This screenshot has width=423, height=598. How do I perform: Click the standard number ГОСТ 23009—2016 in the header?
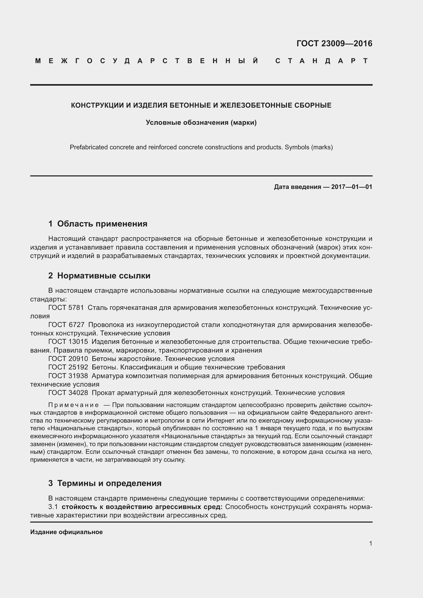pyautogui.click(x=334, y=43)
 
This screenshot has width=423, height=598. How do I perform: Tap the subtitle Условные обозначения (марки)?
pyautogui.click(x=201, y=122)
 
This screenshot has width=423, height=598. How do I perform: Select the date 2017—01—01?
pyautogui.click(x=352, y=187)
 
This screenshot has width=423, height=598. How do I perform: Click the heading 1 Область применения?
pyautogui.click(x=98, y=224)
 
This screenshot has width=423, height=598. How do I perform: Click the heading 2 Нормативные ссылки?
pyautogui.click(x=99, y=276)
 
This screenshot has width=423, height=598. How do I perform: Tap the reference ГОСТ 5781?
pyautogui.click(x=66, y=308)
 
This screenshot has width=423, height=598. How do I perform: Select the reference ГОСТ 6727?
pyautogui.click(x=66, y=325)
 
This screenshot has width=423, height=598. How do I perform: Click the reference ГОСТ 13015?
pyautogui.click(x=68, y=342)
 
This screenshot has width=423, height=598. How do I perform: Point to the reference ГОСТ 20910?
pyautogui.click(x=68, y=359)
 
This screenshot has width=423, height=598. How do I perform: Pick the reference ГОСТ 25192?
pyautogui.click(x=68, y=367)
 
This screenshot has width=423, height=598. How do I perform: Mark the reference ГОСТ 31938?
pyautogui.click(x=68, y=376)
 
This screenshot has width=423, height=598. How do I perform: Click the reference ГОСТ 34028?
pyautogui.click(x=68, y=393)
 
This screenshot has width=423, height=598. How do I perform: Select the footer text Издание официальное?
pyautogui.click(x=66, y=532)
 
